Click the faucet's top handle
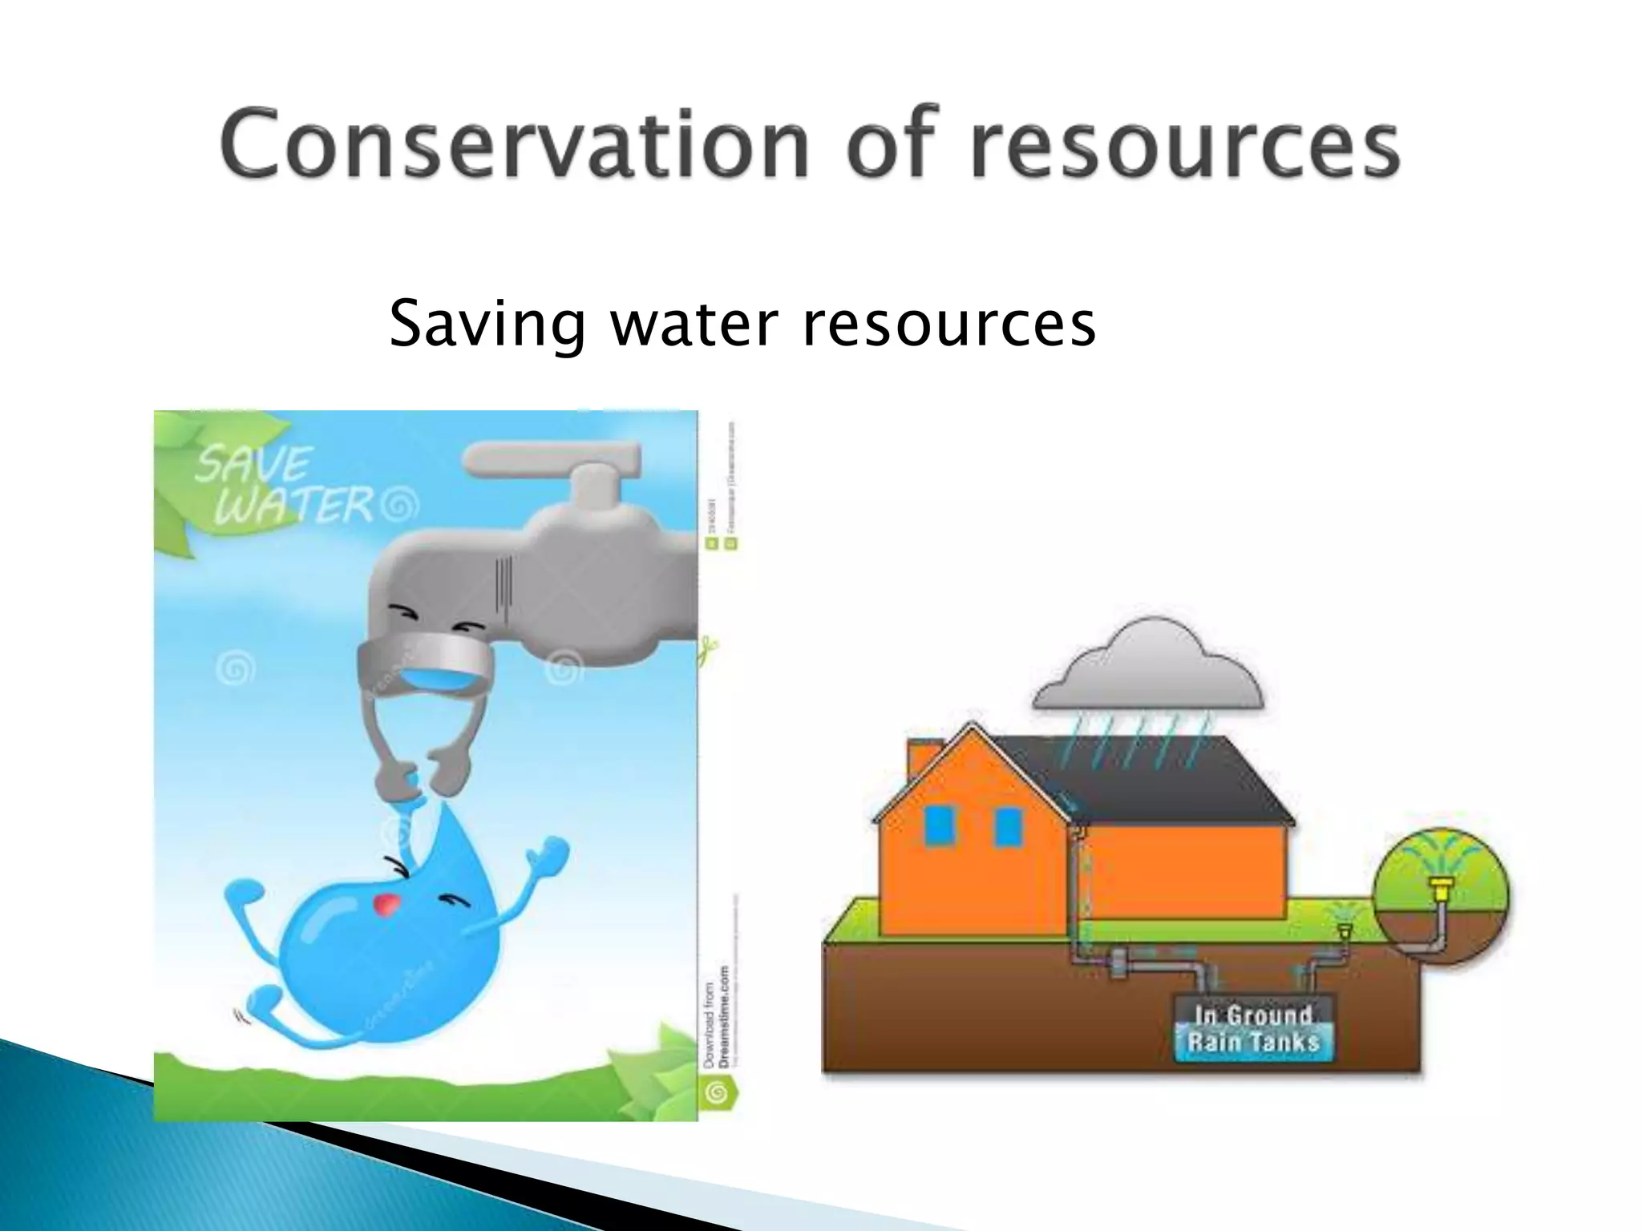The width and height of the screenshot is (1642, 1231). (x=553, y=458)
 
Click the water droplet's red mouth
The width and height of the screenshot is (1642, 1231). (x=387, y=904)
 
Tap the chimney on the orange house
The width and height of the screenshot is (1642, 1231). (x=920, y=760)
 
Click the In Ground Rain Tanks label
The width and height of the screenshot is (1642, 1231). (x=1252, y=1029)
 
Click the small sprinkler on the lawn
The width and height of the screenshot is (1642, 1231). (x=1345, y=930)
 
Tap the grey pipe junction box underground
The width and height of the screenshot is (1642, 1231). (x=1119, y=963)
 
